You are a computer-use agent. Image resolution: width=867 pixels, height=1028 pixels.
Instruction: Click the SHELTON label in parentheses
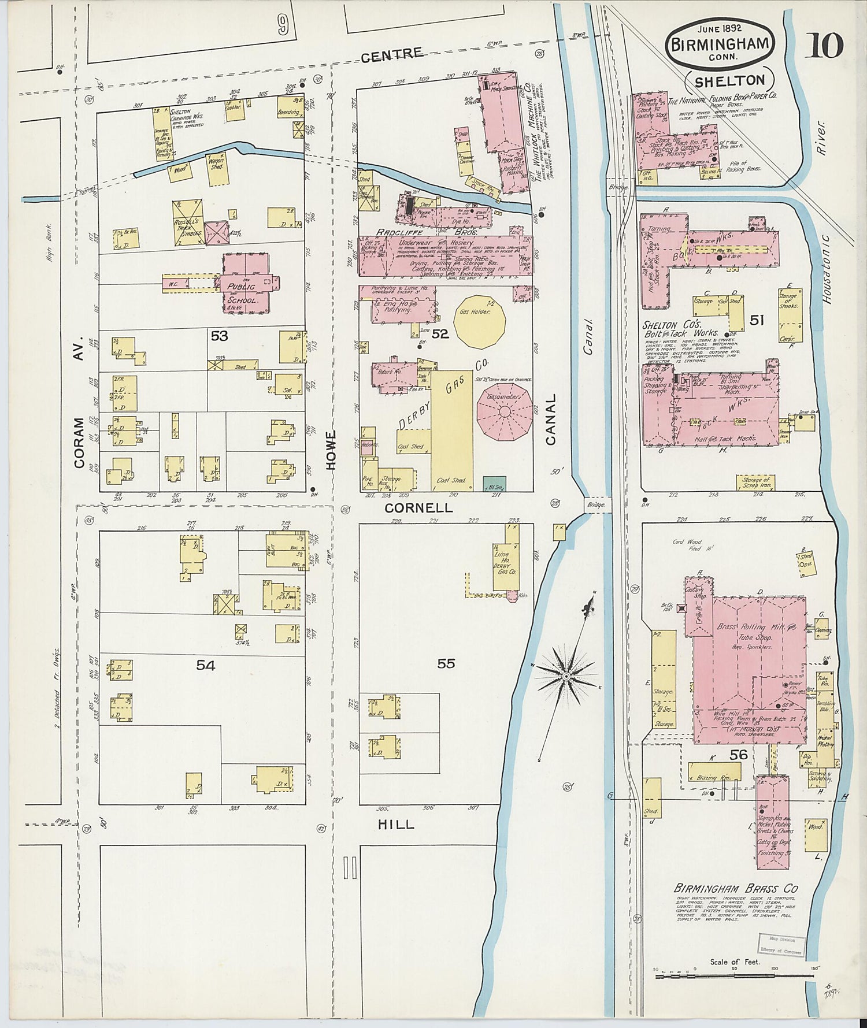[729, 81]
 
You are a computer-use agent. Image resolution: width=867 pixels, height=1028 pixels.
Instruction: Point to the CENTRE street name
[392, 54]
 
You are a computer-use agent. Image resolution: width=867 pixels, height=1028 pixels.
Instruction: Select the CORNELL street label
[418, 508]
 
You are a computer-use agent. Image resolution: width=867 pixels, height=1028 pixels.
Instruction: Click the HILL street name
[396, 825]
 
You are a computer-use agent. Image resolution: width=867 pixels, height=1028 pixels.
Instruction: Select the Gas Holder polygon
[479, 321]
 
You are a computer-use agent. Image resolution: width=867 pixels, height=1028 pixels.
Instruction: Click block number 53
[219, 336]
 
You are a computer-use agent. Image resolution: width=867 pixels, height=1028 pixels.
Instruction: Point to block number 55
[446, 663]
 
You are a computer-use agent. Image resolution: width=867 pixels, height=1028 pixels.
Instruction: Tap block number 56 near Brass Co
[738, 755]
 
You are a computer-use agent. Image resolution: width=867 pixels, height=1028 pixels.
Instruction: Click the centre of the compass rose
[566, 676]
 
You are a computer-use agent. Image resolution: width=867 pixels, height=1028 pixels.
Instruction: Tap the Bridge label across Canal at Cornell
[596, 504]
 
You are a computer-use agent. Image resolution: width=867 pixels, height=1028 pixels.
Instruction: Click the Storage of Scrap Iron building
[755, 483]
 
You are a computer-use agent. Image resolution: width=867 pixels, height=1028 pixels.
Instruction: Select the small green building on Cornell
[494, 484]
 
